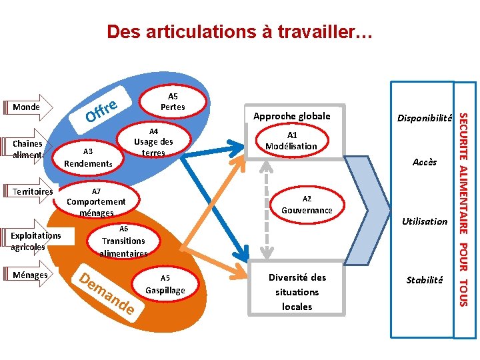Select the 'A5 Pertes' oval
173,101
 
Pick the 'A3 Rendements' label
88,157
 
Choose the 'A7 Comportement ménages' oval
96,201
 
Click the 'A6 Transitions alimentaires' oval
123,241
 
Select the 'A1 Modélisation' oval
291,140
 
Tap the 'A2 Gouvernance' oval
306,205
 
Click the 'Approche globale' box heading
291,116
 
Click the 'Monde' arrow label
27,107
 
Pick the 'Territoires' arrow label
33,192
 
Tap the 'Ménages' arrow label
30,275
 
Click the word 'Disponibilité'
425,118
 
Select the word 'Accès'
425,162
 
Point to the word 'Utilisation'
425,221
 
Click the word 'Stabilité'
425,280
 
